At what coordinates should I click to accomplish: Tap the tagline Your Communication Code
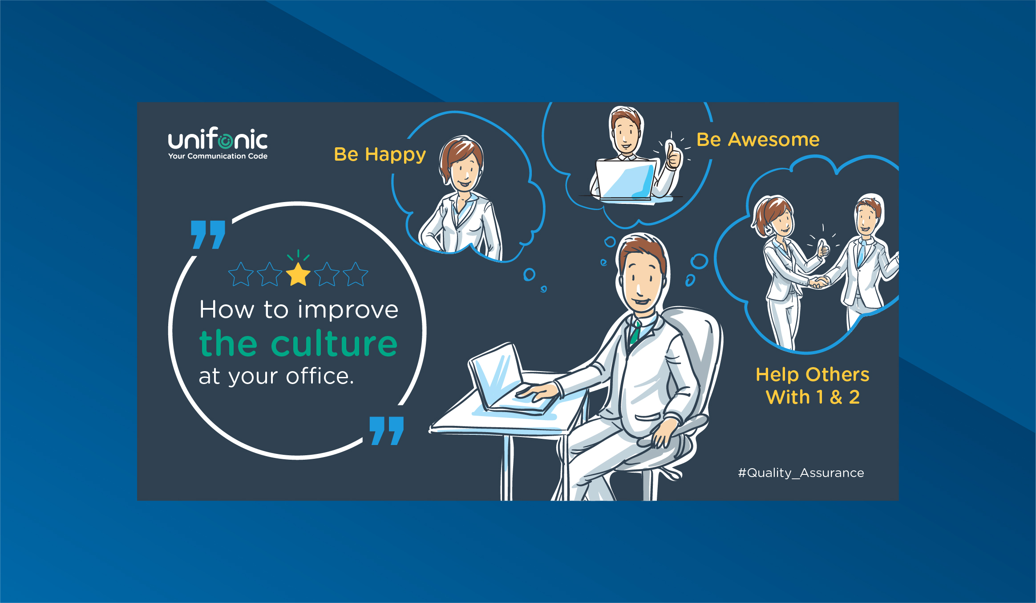tap(218, 156)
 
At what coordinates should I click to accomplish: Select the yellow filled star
tap(298, 274)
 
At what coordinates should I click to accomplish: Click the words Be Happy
tap(380, 154)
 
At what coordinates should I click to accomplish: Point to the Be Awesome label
tap(758, 139)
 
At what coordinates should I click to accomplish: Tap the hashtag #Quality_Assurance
tap(801, 473)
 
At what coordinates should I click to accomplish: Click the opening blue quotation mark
tap(208, 235)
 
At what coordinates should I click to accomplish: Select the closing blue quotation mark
tap(386, 431)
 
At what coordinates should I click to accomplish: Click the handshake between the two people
tap(819, 282)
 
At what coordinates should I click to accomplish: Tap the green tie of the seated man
tap(635, 332)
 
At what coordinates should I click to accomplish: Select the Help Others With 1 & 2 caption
tap(812, 386)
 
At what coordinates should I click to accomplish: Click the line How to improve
tap(299, 309)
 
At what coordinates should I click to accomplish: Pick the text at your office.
tap(276, 376)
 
